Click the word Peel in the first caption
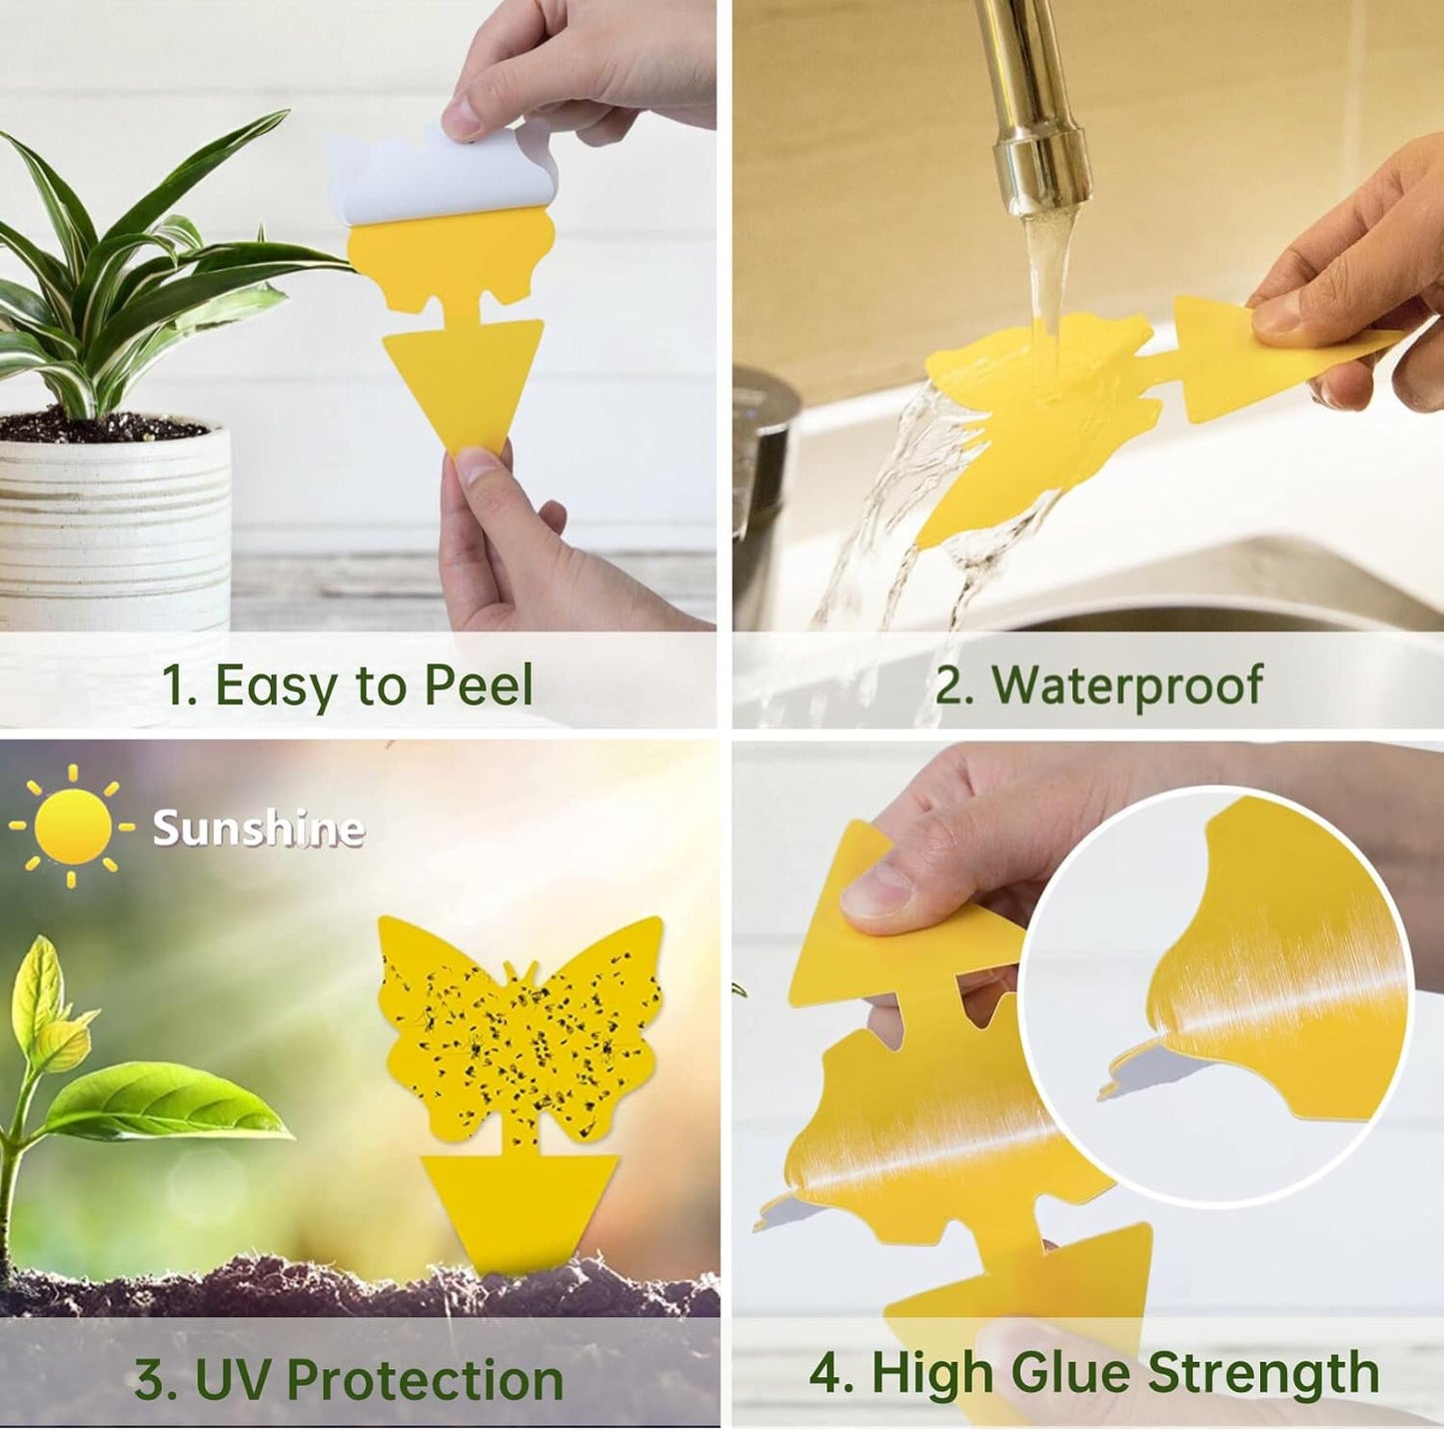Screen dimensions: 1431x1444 click(x=478, y=686)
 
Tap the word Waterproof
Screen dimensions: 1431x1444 click(x=1127, y=686)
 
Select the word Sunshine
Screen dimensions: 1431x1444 click(x=258, y=828)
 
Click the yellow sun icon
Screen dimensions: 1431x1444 click(x=72, y=826)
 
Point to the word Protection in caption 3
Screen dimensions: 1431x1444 click(x=425, y=1380)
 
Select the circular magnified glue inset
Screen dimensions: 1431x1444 click(x=1215, y=994)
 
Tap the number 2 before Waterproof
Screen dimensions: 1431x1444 click(x=950, y=686)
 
